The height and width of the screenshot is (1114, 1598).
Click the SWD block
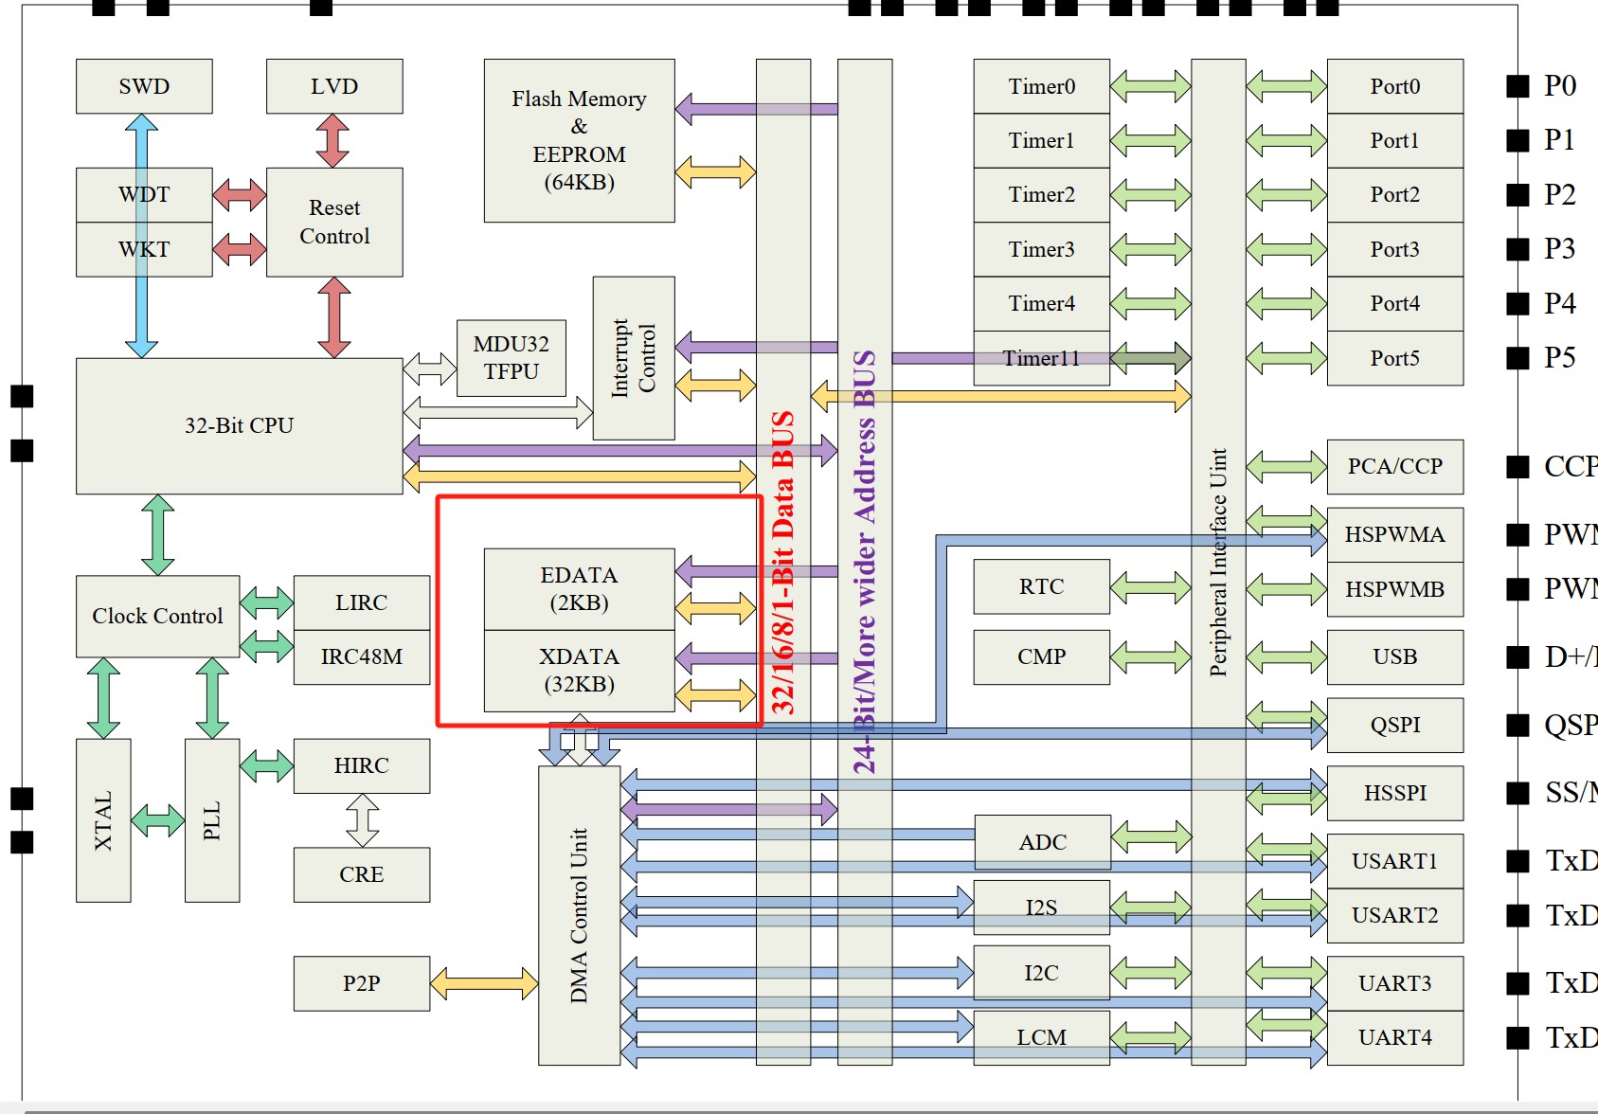144,86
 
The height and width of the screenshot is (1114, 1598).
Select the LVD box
334,86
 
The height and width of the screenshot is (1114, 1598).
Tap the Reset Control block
334,222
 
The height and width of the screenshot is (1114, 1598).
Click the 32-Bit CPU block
239,425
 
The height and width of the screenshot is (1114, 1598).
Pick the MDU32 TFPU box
512,358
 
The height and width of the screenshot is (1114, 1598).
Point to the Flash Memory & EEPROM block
579,140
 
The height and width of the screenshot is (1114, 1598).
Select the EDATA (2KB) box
579,588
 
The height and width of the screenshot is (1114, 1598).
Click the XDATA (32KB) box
579,670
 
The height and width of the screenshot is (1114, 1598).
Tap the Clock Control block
157,616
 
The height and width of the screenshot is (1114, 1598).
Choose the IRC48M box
361,656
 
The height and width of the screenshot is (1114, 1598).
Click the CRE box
361,874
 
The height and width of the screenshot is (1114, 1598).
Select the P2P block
361,983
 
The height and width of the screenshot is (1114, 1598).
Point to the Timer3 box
1041,249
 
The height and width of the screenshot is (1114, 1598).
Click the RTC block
1041,586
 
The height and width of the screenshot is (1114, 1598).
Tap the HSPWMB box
1394,589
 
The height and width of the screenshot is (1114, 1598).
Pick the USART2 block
1394,915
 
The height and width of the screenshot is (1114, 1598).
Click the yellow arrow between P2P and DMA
484,983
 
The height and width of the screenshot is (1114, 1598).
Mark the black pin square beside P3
1517,249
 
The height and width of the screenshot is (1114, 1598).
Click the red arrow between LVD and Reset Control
333,140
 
